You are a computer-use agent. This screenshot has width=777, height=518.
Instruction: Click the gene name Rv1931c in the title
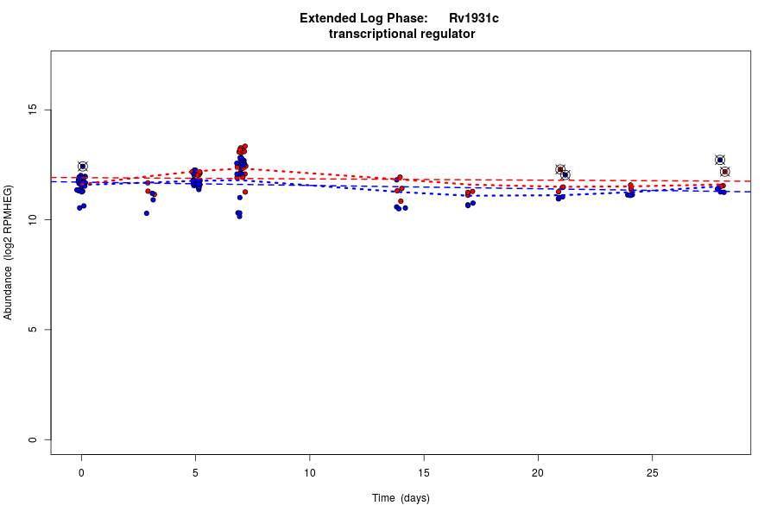[x=473, y=18]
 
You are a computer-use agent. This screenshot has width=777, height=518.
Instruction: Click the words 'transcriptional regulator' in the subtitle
[x=401, y=35]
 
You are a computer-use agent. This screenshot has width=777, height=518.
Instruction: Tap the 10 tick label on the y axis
[x=34, y=220]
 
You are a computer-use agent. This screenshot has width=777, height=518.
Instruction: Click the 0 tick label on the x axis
[x=81, y=472]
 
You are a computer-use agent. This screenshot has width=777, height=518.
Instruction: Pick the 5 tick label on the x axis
[x=195, y=472]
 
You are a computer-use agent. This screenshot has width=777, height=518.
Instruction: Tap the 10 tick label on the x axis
[x=309, y=472]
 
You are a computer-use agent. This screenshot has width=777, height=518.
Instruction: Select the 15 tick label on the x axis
[x=424, y=472]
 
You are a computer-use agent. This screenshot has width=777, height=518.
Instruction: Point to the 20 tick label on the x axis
[x=538, y=472]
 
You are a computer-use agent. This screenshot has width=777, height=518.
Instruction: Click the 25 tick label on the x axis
[x=652, y=472]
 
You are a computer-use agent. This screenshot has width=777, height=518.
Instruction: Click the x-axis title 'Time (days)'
[x=401, y=498]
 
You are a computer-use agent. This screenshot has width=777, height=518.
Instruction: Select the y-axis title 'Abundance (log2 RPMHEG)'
[x=9, y=252]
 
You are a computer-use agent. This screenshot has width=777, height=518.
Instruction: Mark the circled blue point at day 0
[x=83, y=167]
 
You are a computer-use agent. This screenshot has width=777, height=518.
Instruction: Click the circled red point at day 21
[x=560, y=169]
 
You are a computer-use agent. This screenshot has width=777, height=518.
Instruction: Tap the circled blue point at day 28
[x=720, y=160]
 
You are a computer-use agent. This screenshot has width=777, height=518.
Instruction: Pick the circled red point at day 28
[x=725, y=172]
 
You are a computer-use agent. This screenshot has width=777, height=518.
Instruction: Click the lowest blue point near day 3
[x=147, y=213]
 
